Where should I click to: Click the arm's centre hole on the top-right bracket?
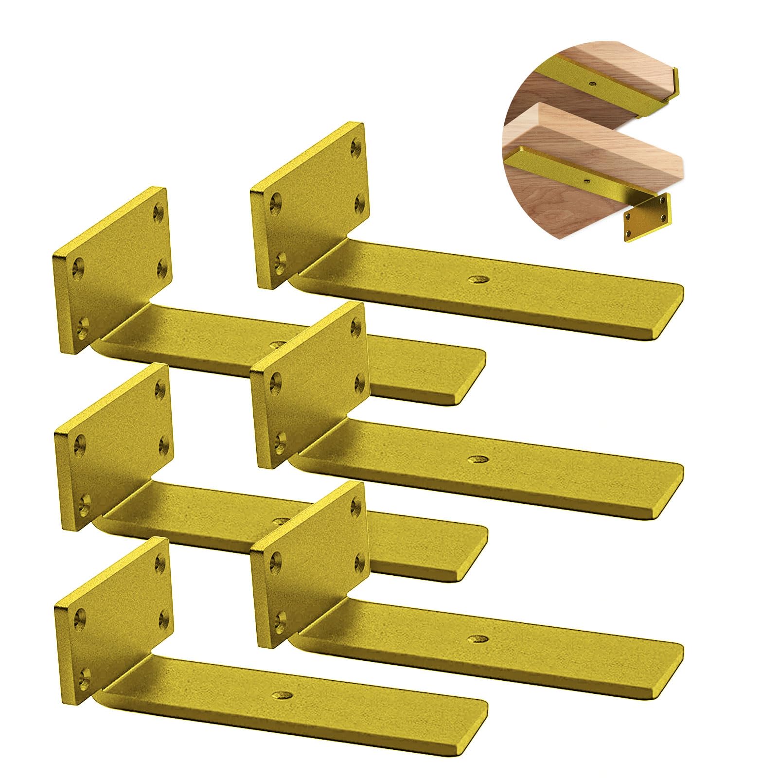coord(477,280)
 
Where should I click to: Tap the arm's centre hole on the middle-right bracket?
coord(477,459)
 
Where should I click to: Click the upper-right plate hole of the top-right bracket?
coord(357,145)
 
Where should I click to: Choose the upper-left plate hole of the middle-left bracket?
coord(79,443)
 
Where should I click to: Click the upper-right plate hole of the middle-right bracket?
coord(357,325)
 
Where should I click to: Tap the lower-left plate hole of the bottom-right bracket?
coord(280,619)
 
